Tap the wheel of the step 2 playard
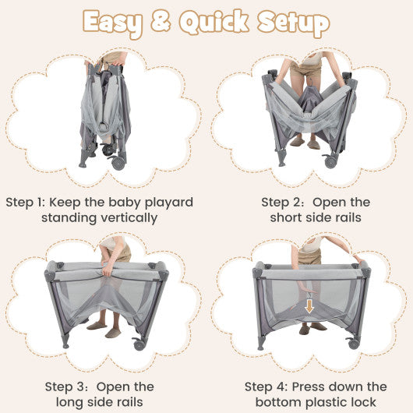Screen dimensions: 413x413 point(330,161)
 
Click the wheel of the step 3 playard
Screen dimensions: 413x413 point(139,344)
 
